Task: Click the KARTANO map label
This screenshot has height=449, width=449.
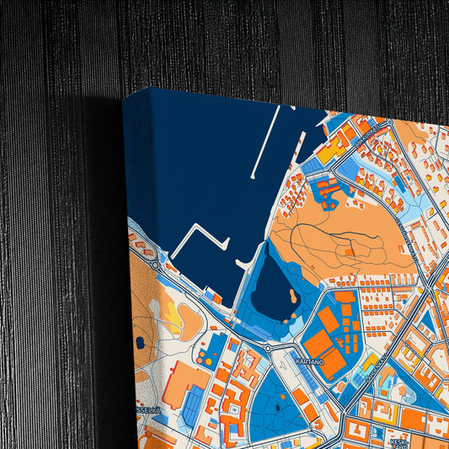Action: click(310, 361)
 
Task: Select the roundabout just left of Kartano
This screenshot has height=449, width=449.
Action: click(268, 348)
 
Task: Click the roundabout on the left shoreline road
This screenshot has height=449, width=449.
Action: click(155, 265)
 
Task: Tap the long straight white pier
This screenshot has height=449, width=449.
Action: click(267, 144)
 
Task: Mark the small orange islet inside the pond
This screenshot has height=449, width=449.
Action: click(291, 297)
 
